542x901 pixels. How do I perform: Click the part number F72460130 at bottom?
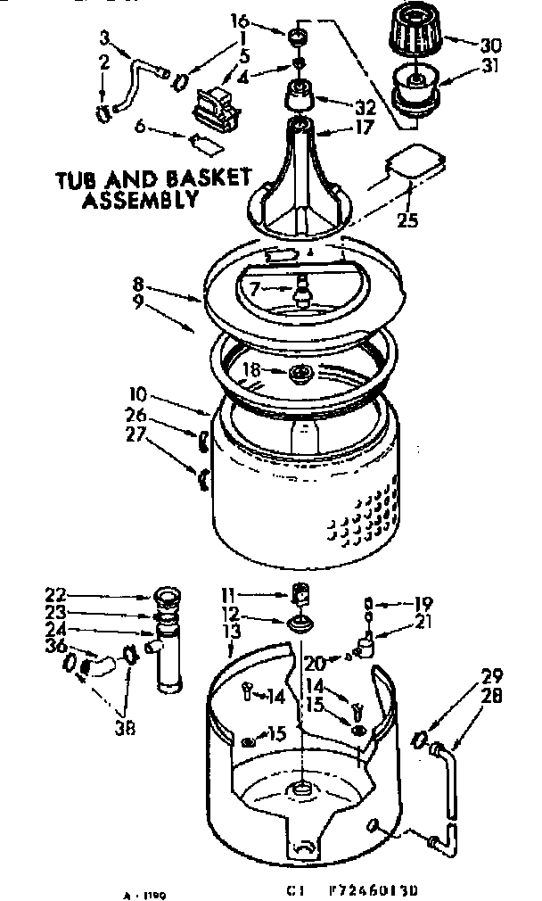[380, 890]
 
